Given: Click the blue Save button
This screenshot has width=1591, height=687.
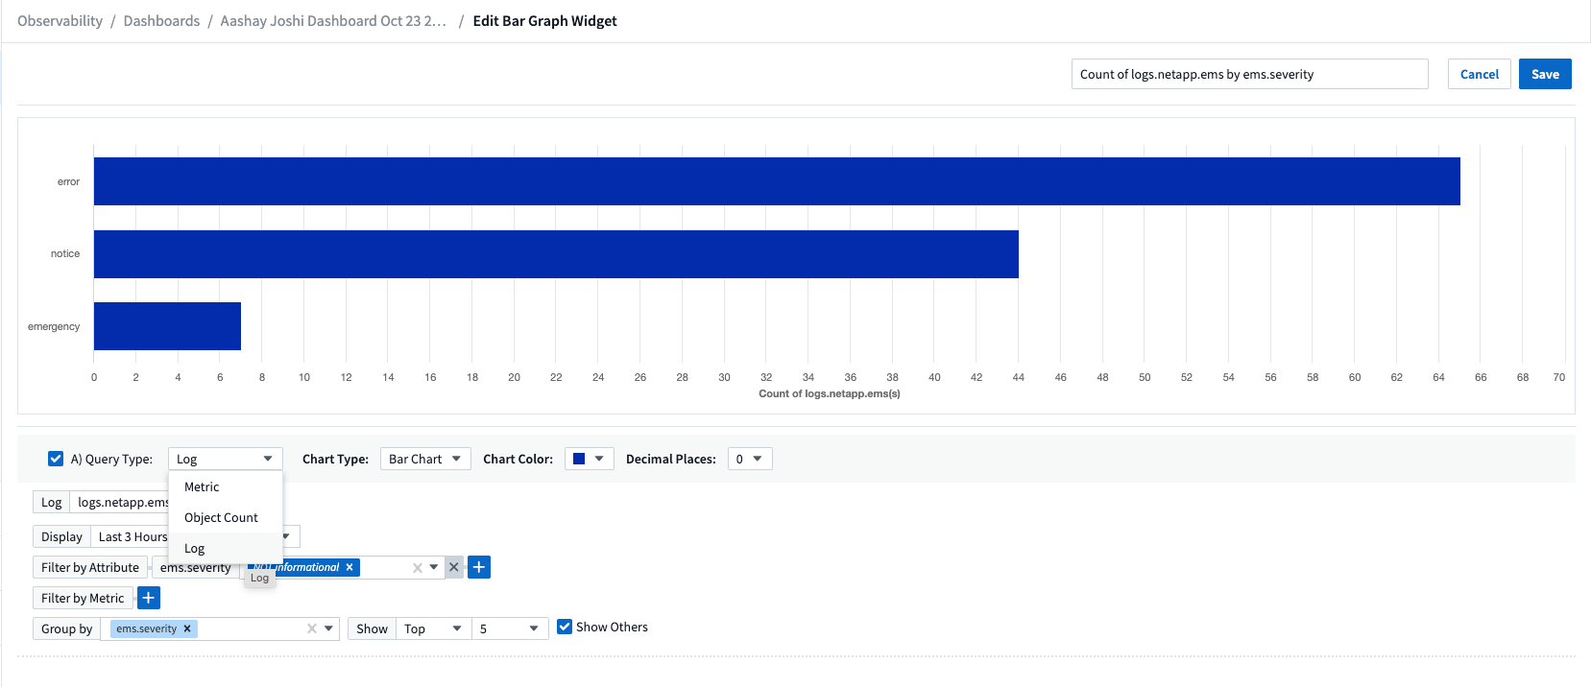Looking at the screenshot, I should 1544,74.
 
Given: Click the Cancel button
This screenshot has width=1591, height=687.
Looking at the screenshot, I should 1479,74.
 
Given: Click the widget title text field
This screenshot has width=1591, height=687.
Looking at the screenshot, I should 1248,74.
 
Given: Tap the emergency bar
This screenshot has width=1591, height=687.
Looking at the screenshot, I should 167,326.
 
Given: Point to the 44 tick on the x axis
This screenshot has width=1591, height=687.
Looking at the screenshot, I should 1018,377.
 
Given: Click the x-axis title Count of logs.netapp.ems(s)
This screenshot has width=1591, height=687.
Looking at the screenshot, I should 829,393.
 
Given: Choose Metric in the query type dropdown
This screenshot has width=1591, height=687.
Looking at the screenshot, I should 202,486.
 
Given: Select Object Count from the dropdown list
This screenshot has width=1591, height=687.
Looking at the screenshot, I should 221,517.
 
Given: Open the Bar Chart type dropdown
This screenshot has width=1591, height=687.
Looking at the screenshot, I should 425,459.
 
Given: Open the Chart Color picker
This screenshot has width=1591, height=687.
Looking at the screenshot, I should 589,459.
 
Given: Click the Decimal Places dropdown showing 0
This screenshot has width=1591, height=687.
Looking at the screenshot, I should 749,459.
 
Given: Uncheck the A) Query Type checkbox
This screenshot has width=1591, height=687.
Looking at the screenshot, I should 56,459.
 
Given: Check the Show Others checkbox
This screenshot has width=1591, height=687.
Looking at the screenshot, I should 565,627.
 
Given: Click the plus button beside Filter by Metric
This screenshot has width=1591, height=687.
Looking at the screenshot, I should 149,598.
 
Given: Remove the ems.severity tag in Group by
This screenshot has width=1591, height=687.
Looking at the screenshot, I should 187,628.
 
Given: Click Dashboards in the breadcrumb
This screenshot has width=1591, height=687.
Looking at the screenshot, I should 161,21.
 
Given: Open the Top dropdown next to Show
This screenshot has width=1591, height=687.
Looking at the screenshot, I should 433,628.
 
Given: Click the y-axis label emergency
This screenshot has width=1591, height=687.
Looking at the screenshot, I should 54,326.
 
